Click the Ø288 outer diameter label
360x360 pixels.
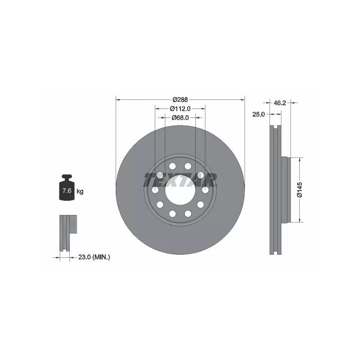point(180,99)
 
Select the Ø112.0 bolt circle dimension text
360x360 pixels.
point(180,108)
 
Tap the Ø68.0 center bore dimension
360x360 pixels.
point(180,117)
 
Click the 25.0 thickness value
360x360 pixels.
point(258,115)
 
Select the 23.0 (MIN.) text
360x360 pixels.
point(94,257)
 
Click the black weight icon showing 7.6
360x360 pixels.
point(66,189)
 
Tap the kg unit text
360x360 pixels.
point(80,191)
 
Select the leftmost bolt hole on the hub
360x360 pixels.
point(155,190)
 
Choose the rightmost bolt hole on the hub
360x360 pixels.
point(205,190)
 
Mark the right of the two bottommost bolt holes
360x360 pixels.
point(188,214)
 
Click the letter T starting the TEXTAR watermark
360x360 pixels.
point(150,180)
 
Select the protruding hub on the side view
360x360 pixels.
point(284,189)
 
